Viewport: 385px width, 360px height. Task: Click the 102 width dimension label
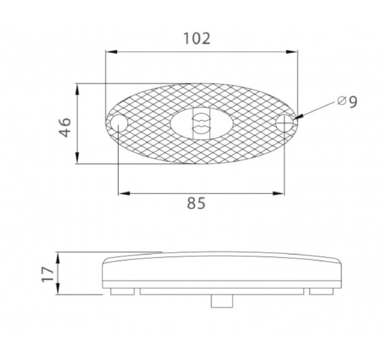(x=197, y=38)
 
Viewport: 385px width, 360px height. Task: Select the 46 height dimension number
(x=65, y=127)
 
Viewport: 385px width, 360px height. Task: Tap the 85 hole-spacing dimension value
(x=196, y=203)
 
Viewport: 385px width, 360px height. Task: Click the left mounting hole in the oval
(x=119, y=123)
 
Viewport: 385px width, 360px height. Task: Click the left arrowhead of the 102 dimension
(x=111, y=52)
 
